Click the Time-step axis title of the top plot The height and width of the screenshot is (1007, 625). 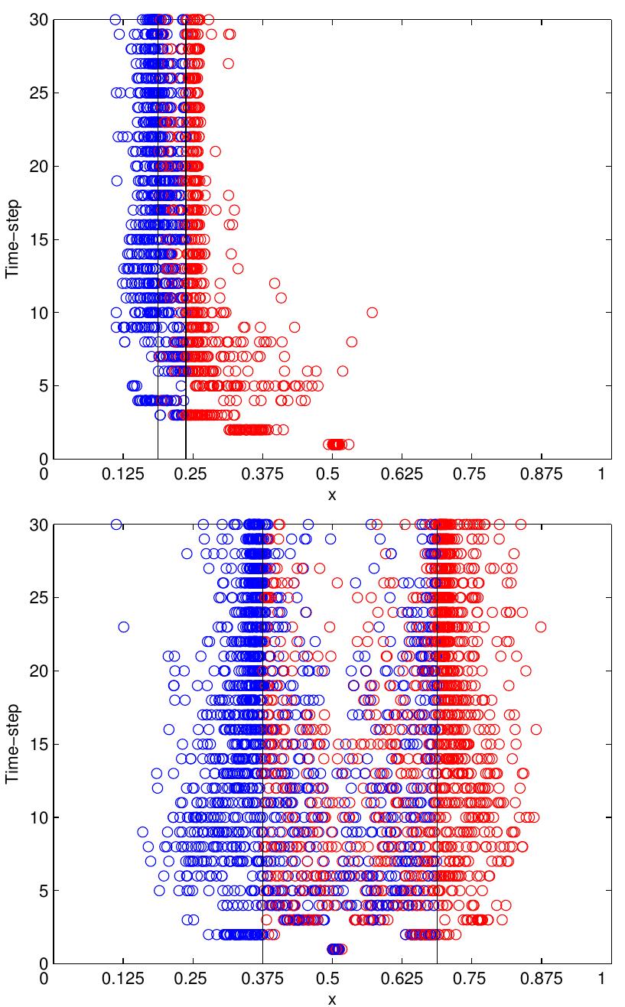12,239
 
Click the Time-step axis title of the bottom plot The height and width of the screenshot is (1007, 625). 12,744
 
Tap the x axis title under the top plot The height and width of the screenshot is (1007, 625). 332,495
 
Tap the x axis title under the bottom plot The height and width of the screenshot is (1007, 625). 332,999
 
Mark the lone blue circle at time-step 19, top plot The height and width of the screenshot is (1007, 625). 116,180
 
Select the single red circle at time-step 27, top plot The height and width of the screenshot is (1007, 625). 228,63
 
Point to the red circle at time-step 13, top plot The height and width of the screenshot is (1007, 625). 238,268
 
